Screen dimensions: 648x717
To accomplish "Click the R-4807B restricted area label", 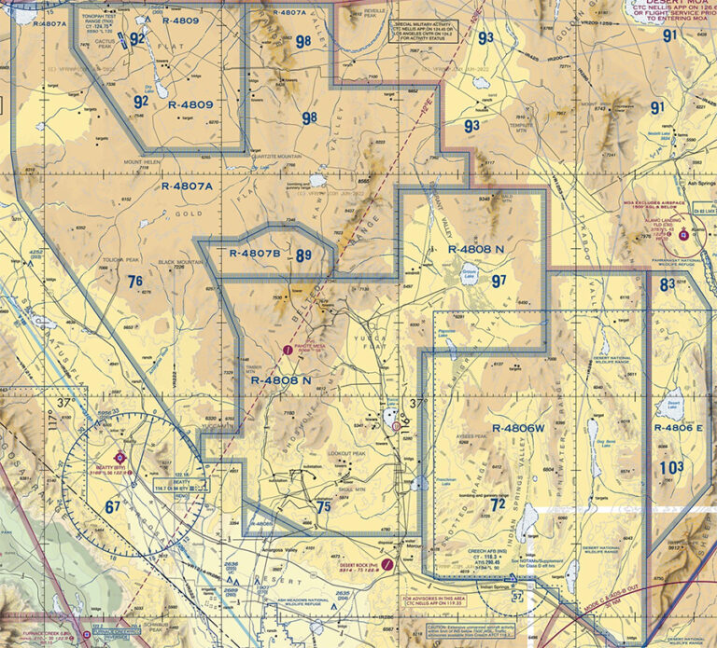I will [255, 253].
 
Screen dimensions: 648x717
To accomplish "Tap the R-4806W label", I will [512, 427].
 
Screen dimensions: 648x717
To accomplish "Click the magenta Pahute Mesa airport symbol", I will [288, 351].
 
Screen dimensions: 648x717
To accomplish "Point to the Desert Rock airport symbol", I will [387, 564].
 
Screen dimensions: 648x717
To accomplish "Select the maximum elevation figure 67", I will [112, 507].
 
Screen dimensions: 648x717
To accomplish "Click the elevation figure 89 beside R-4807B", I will [303, 255].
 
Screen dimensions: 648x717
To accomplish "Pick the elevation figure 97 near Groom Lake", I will [499, 280].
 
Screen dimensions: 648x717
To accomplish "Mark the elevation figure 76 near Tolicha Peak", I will [135, 281].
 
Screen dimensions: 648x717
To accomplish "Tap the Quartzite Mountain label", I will [277, 157].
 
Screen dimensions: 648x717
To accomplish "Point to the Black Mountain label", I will [180, 264].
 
